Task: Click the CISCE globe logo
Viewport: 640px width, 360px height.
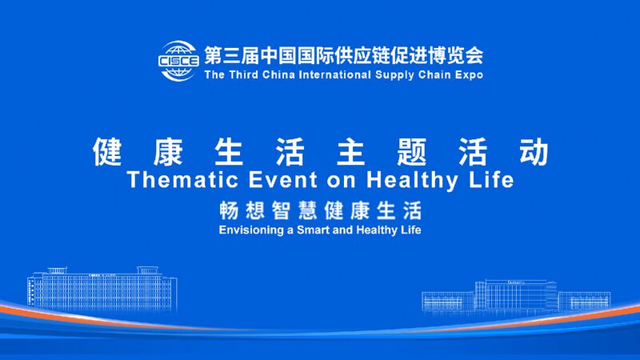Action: [x=178, y=62]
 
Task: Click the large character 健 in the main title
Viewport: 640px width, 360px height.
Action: [x=106, y=151]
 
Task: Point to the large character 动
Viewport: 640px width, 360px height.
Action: [x=534, y=151]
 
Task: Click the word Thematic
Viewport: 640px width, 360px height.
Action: [x=178, y=180]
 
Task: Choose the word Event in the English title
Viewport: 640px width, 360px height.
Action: [x=270, y=180]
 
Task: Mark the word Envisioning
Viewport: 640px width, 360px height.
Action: [x=250, y=230]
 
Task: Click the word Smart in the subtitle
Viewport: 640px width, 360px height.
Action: [x=317, y=230]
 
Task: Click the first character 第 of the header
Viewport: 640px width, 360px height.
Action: [x=213, y=56]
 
